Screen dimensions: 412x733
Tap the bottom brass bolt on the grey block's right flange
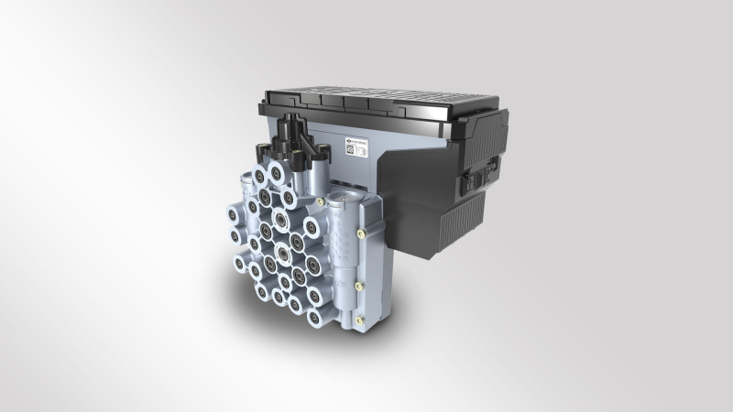tap(358, 320)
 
